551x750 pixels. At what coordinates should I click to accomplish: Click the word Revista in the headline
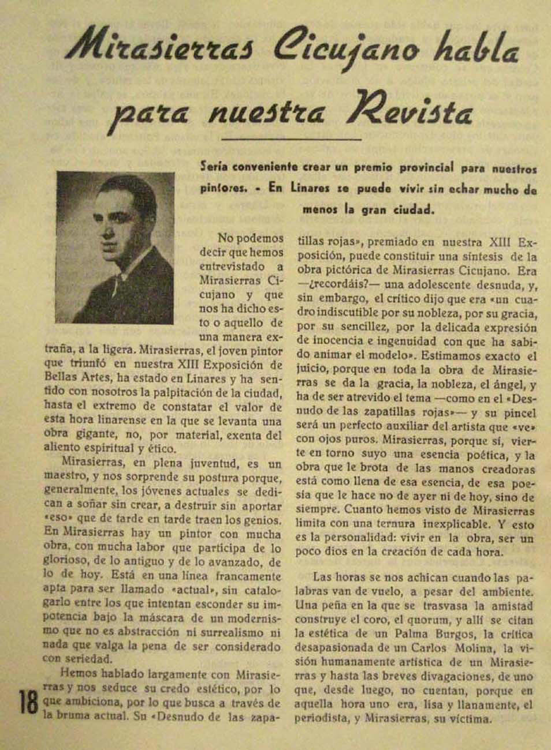pos(414,109)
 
